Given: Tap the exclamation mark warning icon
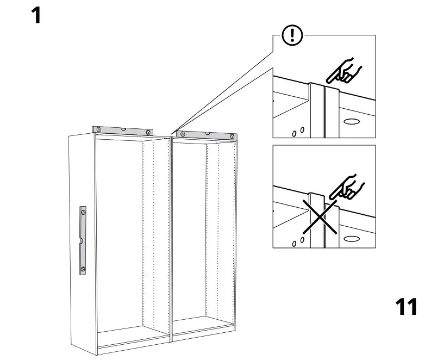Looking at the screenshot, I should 293,36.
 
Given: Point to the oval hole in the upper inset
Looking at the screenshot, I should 352,121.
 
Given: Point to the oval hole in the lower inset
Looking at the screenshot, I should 352,238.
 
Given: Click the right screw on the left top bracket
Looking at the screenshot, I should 147,132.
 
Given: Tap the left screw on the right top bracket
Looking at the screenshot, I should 183,133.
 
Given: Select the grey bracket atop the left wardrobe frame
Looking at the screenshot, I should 122,131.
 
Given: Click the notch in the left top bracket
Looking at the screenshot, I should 123,129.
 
